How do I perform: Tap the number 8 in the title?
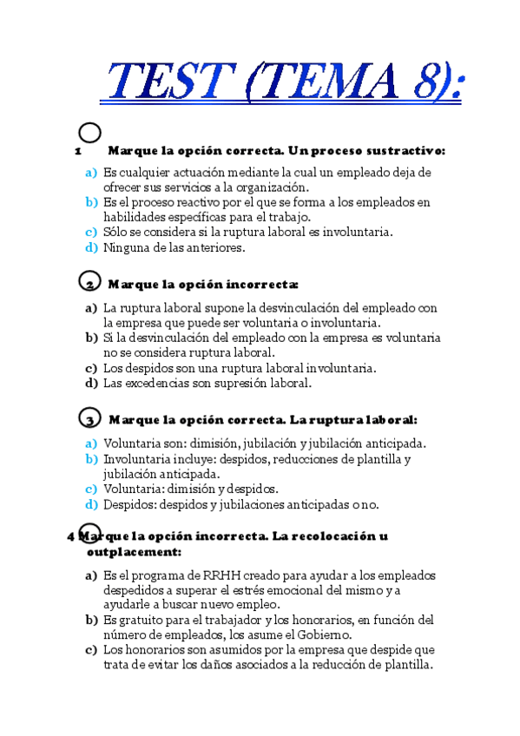[426, 85]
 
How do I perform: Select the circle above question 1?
[89, 133]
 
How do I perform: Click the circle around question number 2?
[89, 282]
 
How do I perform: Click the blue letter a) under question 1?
[91, 173]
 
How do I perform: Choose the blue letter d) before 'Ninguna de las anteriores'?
[91, 247]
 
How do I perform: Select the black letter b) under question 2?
[91, 337]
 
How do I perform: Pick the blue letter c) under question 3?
[91, 489]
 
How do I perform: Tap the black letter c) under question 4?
[91, 649]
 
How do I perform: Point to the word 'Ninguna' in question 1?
[125, 247]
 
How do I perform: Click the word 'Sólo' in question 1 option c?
[116, 232]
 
